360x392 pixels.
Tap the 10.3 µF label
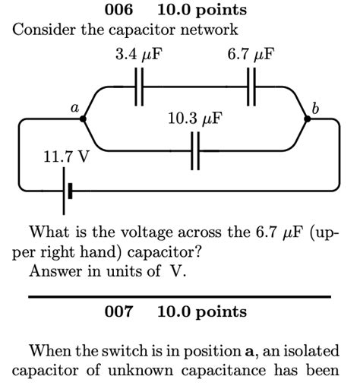(x=195, y=119)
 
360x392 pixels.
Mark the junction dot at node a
(x=83, y=118)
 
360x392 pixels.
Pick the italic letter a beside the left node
(x=75, y=108)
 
